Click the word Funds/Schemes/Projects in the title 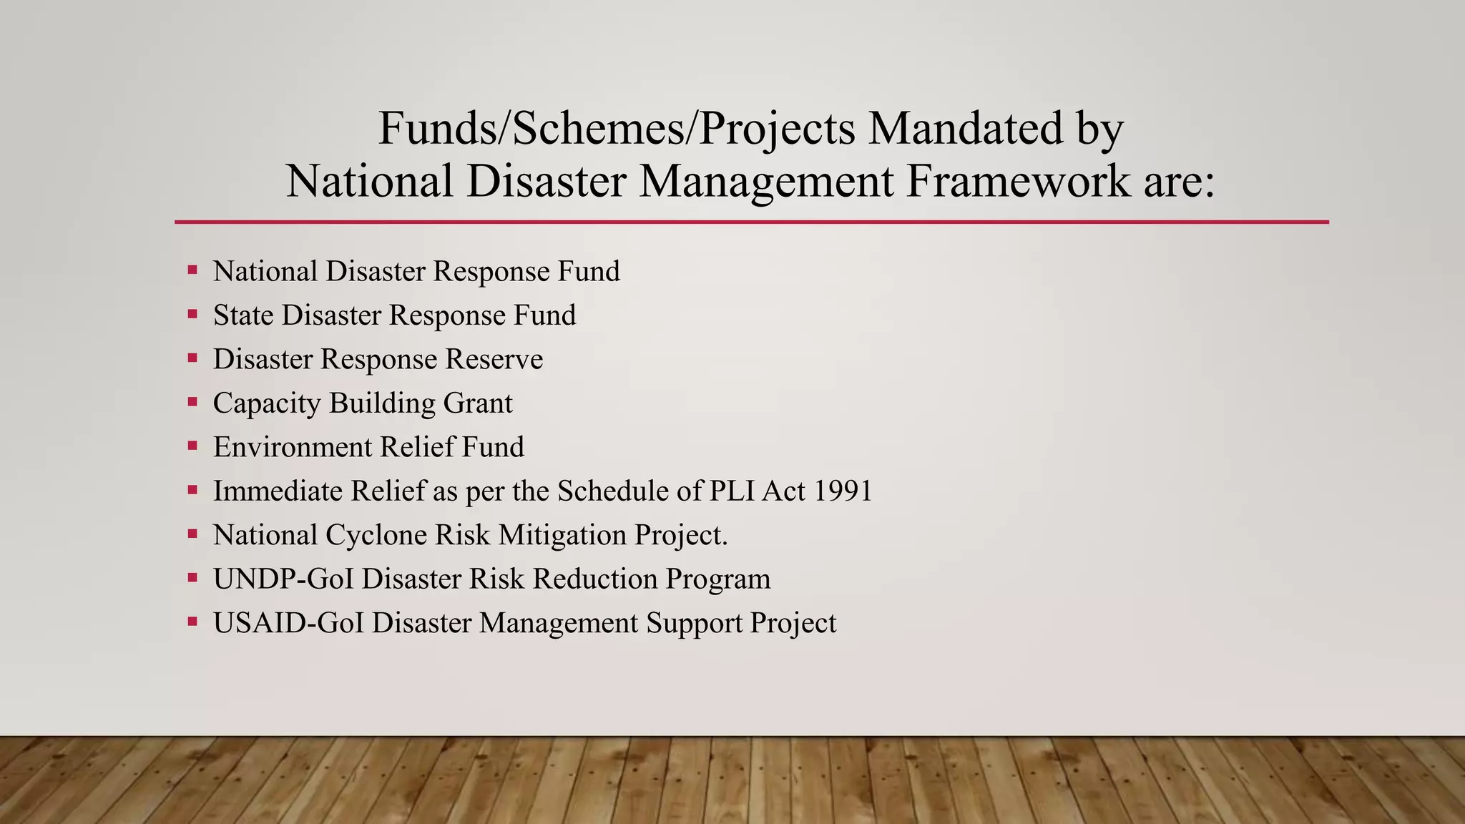pos(616,129)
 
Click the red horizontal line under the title pos(751,222)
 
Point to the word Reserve pos(494,359)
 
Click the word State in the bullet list pos(243,315)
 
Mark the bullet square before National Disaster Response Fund pos(192,270)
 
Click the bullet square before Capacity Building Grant pos(192,401)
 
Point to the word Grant pos(478,403)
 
